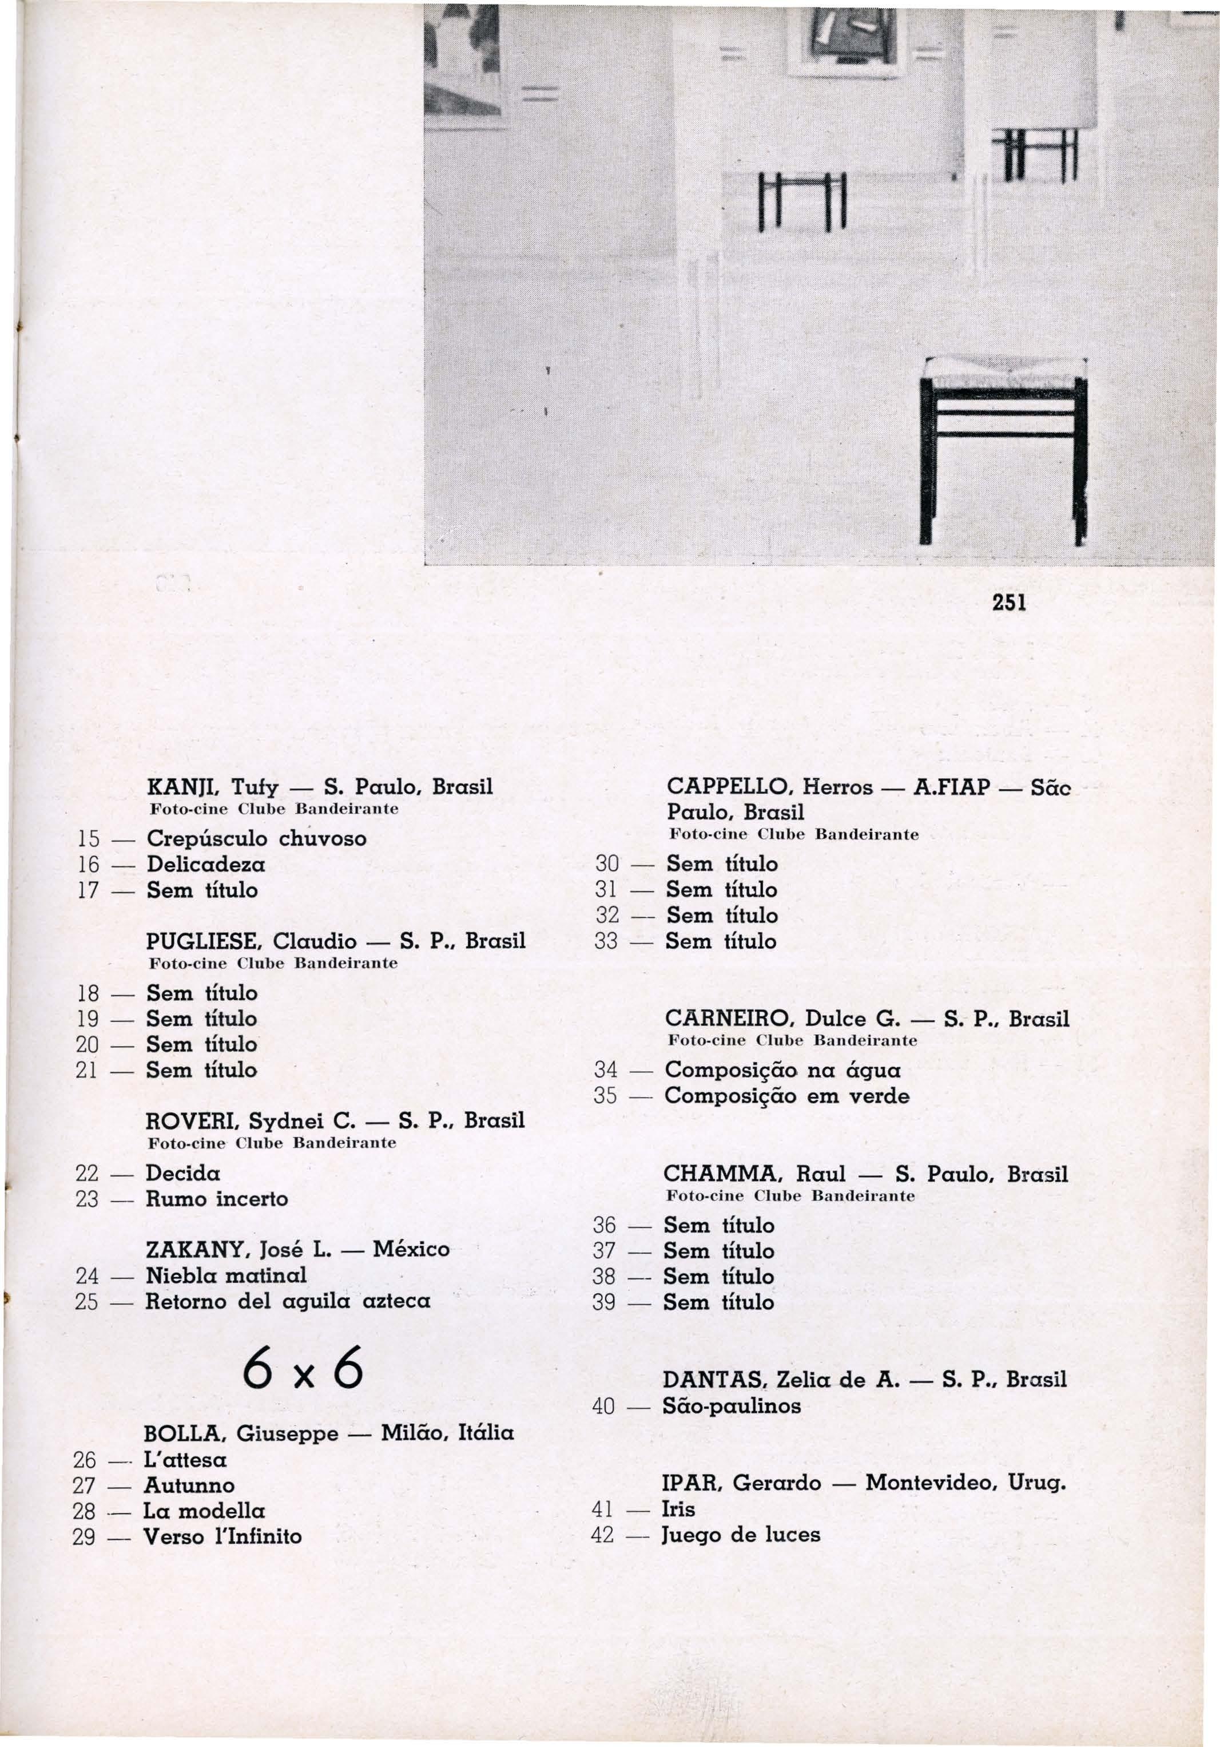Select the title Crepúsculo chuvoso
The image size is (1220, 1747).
(x=256, y=838)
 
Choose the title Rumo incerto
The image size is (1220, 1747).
(x=217, y=1199)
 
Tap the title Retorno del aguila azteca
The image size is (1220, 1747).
(x=288, y=1302)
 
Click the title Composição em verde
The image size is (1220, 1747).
(x=787, y=1096)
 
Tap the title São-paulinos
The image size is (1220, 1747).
(x=732, y=1405)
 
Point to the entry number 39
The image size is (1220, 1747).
(x=604, y=1302)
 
